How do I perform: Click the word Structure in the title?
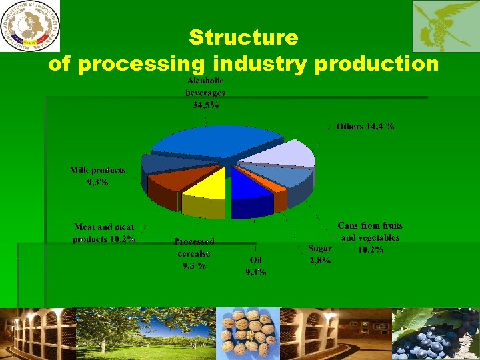[x=243, y=37]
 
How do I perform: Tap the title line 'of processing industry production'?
[x=243, y=64]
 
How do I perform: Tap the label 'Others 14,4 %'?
[x=365, y=126]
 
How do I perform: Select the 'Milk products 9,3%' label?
[x=97, y=175]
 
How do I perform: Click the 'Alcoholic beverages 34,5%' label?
[x=205, y=93]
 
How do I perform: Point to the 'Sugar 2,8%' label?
[x=319, y=253]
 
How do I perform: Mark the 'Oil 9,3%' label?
[x=255, y=265]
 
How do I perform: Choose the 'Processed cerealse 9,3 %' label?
[x=193, y=253]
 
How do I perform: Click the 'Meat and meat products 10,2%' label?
[x=105, y=233]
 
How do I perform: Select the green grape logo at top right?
[x=445, y=26]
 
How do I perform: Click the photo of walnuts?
[x=248, y=333]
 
